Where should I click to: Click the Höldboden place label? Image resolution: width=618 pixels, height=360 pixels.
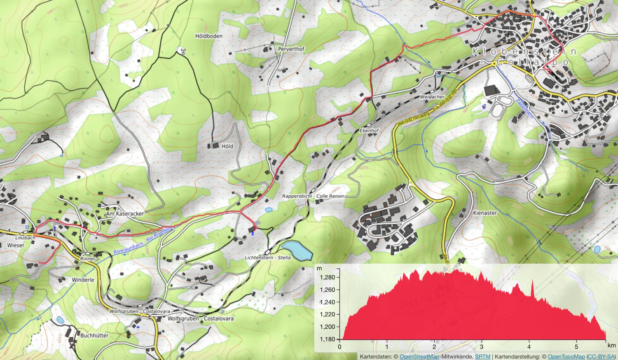[209, 36]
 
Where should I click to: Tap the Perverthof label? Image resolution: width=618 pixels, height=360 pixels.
[291, 49]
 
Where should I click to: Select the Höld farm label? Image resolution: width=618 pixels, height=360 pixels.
[227, 146]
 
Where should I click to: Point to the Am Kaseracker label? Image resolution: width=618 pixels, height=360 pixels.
[125, 214]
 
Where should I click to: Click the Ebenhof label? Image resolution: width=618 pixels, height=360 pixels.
[369, 131]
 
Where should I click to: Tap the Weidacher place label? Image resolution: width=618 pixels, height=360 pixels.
[432, 97]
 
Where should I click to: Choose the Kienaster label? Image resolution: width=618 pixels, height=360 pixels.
[485, 213]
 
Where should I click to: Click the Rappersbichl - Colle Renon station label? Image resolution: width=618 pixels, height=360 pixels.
[313, 196]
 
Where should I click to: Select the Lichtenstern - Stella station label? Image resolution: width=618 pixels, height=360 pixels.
[267, 257]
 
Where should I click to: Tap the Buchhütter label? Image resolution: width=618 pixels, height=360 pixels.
[94, 335]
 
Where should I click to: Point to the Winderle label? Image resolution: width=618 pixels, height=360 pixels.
[83, 280]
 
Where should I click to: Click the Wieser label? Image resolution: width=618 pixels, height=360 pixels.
[16, 245]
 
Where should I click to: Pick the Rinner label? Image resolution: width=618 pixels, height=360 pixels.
[88, 259]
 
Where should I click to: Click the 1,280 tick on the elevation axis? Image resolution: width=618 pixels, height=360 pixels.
[327, 277]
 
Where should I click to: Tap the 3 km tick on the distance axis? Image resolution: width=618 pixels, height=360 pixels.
[482, 347]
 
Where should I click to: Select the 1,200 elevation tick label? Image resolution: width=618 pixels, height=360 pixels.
[327, 327]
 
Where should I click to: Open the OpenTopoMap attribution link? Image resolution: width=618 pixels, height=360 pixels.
[566, 357]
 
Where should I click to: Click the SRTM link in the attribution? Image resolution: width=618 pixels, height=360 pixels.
[482, 357]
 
